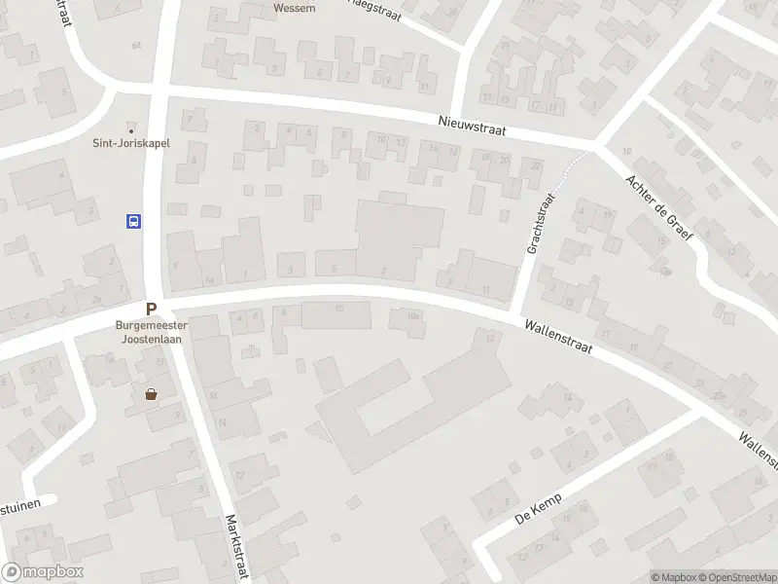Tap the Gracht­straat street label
coord(540,224)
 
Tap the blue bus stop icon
coord(133,221)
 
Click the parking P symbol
coord(152,309)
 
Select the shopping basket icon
coord(151,394)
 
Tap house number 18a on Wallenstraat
coord(413,315)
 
